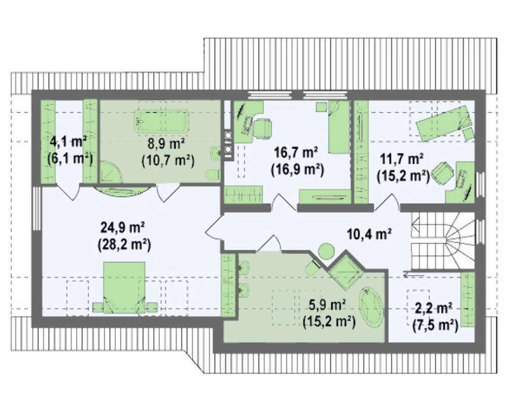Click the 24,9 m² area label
123,228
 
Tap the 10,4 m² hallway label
369,234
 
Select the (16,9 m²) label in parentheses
298,169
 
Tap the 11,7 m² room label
402,159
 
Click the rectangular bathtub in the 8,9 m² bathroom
161,121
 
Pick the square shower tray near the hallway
346,272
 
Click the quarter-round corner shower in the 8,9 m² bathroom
111,171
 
